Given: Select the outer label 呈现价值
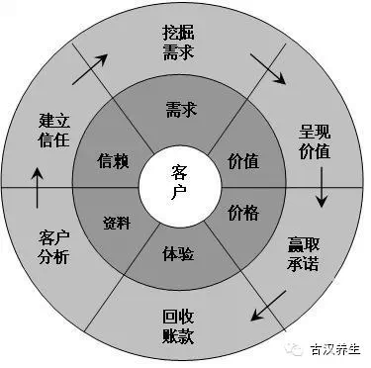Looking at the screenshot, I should point(315,140).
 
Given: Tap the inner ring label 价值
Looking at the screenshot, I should point(243,159).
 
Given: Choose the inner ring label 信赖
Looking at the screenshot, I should point(117,159).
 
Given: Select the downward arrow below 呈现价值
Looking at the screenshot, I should point(322,189).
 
